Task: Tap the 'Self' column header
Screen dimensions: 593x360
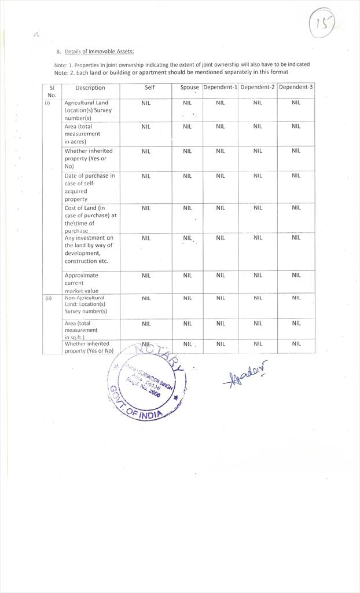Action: click(x=149, y=87)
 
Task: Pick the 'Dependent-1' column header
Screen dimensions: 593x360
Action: click(x=220, y=87)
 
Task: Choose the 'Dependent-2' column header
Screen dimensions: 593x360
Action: click(x=258, y=87)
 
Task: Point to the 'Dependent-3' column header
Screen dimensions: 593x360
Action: click(x=296, y=87)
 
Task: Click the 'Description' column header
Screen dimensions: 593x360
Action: click(x=90, y=88)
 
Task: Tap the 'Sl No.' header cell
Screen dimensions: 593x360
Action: click(x=52, y=91)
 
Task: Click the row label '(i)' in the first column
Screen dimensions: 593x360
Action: click(x=47, y=103)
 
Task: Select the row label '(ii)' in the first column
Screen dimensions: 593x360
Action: click(x=49, y=298)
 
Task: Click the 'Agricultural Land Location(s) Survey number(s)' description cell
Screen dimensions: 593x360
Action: click(x=86, y=110)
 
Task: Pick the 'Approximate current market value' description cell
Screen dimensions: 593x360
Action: click(x=82, y=283)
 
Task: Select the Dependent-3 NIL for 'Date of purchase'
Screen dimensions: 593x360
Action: click(x=296, y=175)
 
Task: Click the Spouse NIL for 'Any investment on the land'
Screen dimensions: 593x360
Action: click(x=187, y=238)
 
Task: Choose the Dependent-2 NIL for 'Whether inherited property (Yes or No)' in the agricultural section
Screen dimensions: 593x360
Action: click(x=258, y=151)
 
